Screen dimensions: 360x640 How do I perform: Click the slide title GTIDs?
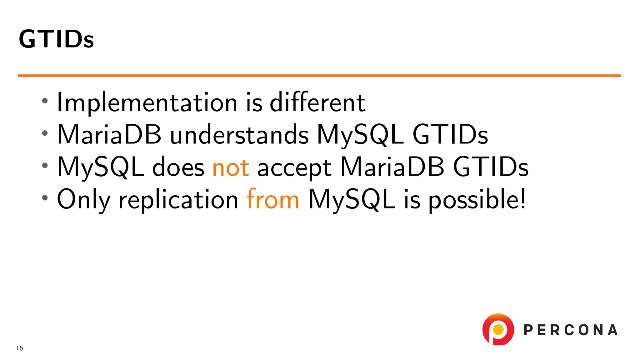(x=56, y=39)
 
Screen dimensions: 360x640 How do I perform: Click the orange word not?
(x=231, y=167)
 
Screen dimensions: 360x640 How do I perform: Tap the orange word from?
(x=273, y=199)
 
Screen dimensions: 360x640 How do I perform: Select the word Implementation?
(x=147, y=103)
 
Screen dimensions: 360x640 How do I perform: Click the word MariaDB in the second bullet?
(x=109, y=134)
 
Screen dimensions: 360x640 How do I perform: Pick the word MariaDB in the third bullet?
(x=392, y=167)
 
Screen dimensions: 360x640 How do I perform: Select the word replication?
(x=178, y=199)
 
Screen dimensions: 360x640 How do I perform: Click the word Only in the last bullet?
(x=83, y=199)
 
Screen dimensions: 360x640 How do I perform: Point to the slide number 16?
(x=19, y=348)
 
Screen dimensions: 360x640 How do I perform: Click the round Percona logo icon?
(x=498, y=330)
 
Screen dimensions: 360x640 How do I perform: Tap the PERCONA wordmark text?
(x=571, y=330)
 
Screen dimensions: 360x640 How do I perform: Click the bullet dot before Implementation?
(x=45, y=101)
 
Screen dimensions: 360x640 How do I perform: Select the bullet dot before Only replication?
(x=45, y=198)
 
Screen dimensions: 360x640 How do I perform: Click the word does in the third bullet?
(x=178, y=167)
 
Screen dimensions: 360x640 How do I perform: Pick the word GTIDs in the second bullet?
(x=450, y=135)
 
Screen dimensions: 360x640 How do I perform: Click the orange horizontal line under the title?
(x=319, y=75)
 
